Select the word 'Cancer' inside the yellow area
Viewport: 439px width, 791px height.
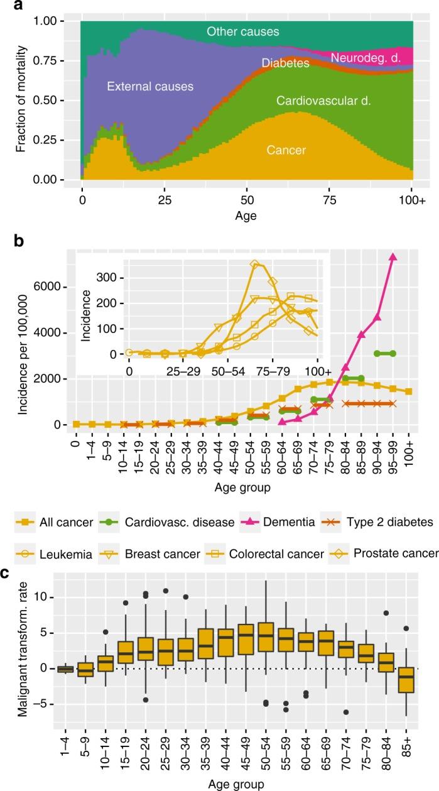[x=286, y=150]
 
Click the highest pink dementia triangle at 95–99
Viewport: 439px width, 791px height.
[x=393, y=257]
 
